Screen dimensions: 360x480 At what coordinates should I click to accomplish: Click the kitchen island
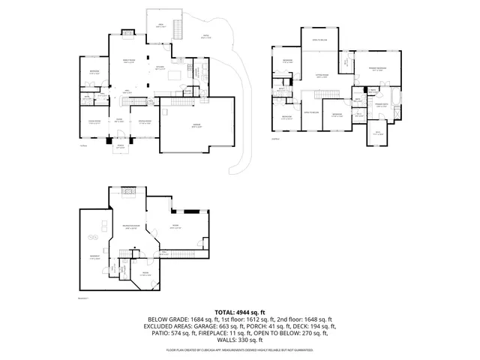click(176, 76)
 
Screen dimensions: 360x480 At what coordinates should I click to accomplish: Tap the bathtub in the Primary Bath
click(394, 100)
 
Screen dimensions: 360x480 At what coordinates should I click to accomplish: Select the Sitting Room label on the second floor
click(321, 76)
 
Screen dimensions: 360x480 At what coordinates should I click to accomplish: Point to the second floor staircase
click(327, 94)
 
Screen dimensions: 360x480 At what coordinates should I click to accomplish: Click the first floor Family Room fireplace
click(127, 34)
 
